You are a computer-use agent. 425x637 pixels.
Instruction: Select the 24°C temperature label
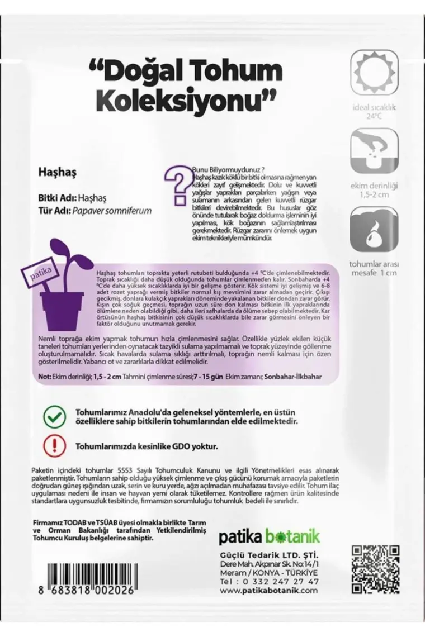click(x=373, y=117)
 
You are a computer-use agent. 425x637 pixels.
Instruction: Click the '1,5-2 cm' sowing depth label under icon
click(x=373, y=194)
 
